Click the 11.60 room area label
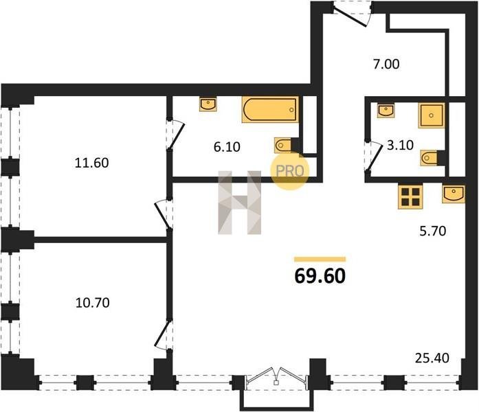point(91,163)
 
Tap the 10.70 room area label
point(92,303)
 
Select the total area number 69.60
point(320,276)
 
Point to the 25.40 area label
point(432,358)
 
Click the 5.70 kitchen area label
point(432,231)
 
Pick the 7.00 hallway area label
point(386,65)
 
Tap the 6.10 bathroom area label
point(227,147)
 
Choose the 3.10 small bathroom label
point(400,146)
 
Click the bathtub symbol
point(270,110)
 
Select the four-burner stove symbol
point(410,197)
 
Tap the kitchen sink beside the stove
point(454,194)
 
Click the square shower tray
point(431,115)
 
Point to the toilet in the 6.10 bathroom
point(283,146)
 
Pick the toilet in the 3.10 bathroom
point(429,158)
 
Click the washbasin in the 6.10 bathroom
point(208,104)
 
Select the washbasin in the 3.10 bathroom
point(386,111)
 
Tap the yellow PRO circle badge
point(290,171)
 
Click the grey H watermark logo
point(239,203)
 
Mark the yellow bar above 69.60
point(320,260)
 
